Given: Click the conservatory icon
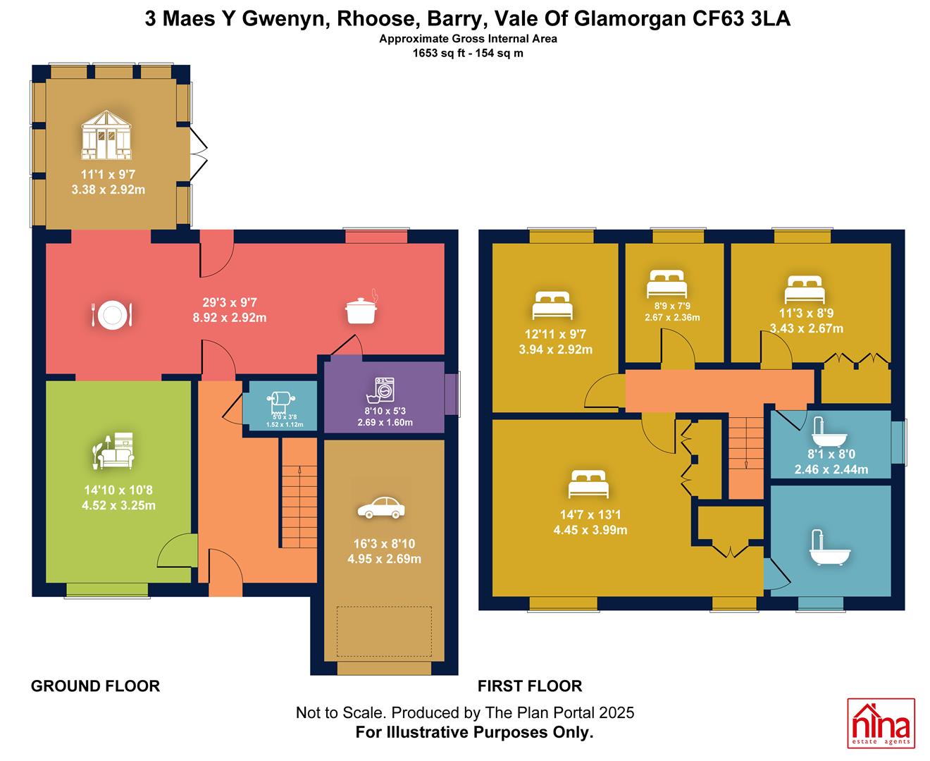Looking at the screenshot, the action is [x=106, y=135].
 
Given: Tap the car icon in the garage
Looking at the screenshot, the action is [x=380, y=507].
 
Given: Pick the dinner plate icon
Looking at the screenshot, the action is [x=111, y=314].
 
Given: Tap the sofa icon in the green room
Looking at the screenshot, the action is [x=113, y=450].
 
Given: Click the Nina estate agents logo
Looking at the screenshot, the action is [x=881, y=723].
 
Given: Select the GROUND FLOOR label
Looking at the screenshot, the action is [x=95, y=686].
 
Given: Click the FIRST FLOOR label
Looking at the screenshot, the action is [x=530, y=686].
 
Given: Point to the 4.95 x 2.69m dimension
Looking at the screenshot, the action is [x=384, y=559].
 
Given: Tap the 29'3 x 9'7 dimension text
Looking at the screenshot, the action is [x=229, y=302].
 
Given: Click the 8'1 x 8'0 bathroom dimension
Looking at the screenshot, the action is [x=831, y=454].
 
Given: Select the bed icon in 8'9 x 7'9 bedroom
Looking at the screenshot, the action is [x=666, y=284].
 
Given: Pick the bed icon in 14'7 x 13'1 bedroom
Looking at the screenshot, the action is [x=588, y=484].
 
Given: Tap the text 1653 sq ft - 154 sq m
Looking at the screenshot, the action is [x=468, y=54].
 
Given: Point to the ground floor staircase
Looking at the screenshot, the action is [x=299, y=493].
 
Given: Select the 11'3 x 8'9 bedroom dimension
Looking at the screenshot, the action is [x=806, y=313].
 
